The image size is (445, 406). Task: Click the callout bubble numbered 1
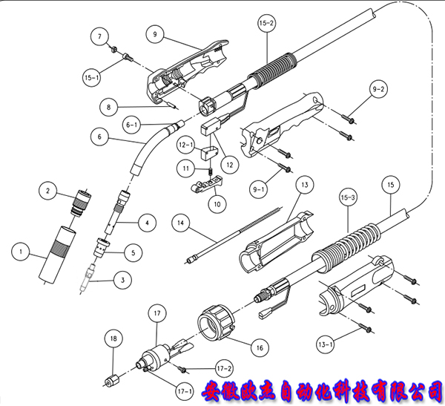pyautogui.click(x=22, y=254)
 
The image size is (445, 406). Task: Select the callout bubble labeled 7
pyautogui.click(x=102, y=35)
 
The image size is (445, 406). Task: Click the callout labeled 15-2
pyautogui.click(x=266, y=24)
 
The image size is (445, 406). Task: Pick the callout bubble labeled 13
pyautogui.click(x=303, y=184)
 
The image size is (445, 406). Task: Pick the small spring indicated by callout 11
pyautogui.click(x=210, y=172)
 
